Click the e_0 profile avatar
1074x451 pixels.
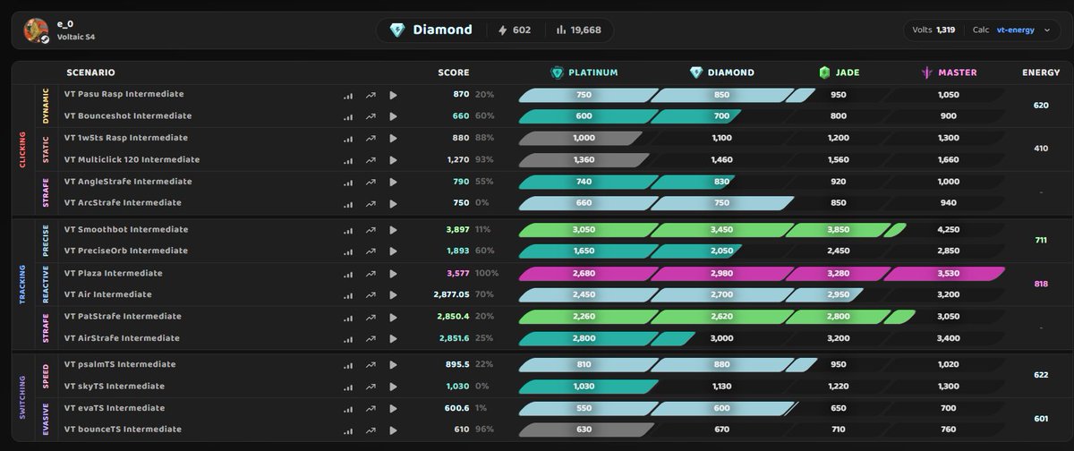(36, 30)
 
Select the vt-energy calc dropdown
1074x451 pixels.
(1023, 30)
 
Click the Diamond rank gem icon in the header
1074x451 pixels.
(397, 30)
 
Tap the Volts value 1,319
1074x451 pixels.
(945, 30)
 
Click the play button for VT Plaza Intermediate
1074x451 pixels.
(393, 274)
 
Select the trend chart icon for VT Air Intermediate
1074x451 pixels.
(371, 295)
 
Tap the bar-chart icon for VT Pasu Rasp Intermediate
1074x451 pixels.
(348, 96)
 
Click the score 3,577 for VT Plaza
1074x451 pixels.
(458, 273)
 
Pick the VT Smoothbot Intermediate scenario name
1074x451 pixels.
(126, 230)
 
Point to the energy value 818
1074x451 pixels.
(1041, 284)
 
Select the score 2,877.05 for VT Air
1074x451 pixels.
(451, 294)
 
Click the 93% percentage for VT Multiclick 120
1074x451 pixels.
(484, 159)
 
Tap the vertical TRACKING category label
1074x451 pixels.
(22, 285)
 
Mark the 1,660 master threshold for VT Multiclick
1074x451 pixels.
(949, 159)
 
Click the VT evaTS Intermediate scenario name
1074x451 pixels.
(115, 408)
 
